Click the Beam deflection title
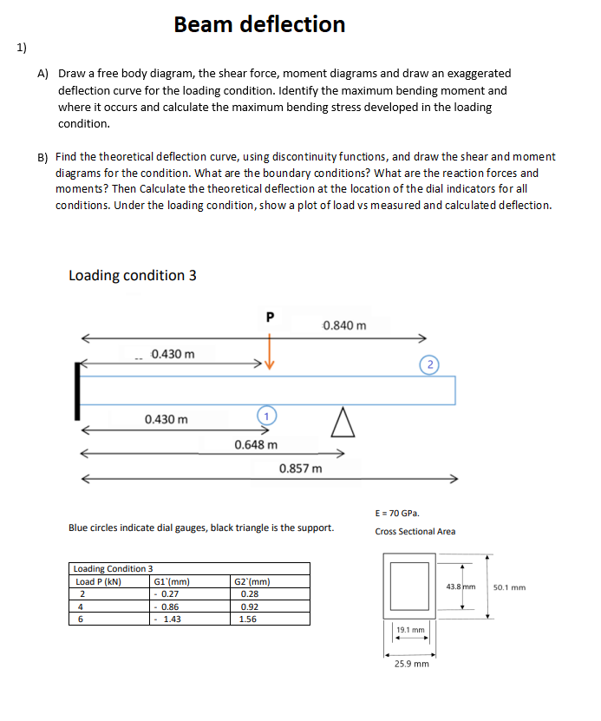click(259, 24)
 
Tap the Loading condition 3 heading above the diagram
click(132, 275)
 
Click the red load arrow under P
click(269, 356)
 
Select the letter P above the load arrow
click(269, 318)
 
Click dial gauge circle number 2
click(432, 363)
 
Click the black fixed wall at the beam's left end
click(79, 390)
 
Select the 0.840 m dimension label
click(344, 325)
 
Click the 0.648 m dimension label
click(256, 445)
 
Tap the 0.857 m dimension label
click(301, 469)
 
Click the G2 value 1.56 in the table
click(247, 619)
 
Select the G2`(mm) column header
click(253, 581)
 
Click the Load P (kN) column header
click(99, 581)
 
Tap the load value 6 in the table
click(82, 619)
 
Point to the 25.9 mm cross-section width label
click(411, 663)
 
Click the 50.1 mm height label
click(509, 587)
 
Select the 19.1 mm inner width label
click(410, 630)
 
